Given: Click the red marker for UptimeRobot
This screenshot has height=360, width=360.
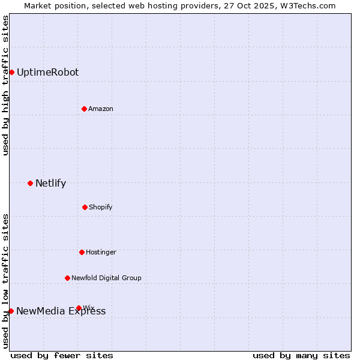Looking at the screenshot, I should [11, 72].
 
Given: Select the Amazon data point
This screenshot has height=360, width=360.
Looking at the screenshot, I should [84, 109].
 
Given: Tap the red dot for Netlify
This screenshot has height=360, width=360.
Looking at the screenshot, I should [30, 183].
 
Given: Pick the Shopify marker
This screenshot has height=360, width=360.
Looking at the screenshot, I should [85, 207].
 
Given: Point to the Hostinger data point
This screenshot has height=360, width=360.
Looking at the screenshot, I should [82, 252].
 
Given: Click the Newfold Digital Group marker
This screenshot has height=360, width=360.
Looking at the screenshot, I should [67, 278].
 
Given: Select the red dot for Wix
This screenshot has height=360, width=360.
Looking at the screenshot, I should [79, 308].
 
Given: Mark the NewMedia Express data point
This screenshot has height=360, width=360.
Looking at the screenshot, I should [11, 311].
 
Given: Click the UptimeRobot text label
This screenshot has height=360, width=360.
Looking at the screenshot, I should [47, 72].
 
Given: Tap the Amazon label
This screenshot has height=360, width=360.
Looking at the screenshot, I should [101, 109].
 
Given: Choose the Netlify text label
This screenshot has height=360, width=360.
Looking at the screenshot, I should [50, 183].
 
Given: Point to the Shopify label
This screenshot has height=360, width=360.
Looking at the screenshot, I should [101, 207].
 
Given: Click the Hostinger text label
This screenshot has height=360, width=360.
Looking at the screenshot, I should [101, 252].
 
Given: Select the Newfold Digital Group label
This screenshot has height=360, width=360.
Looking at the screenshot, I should [106, 278].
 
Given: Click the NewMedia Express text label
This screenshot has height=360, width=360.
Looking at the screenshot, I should [61, 311].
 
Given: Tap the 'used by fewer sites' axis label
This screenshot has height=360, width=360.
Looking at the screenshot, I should [62, 355].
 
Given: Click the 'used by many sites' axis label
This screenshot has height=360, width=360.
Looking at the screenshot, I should [301, 355].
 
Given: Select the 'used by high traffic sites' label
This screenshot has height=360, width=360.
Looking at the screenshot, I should [6, 85].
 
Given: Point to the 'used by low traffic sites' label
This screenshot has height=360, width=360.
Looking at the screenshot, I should [6, 281].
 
